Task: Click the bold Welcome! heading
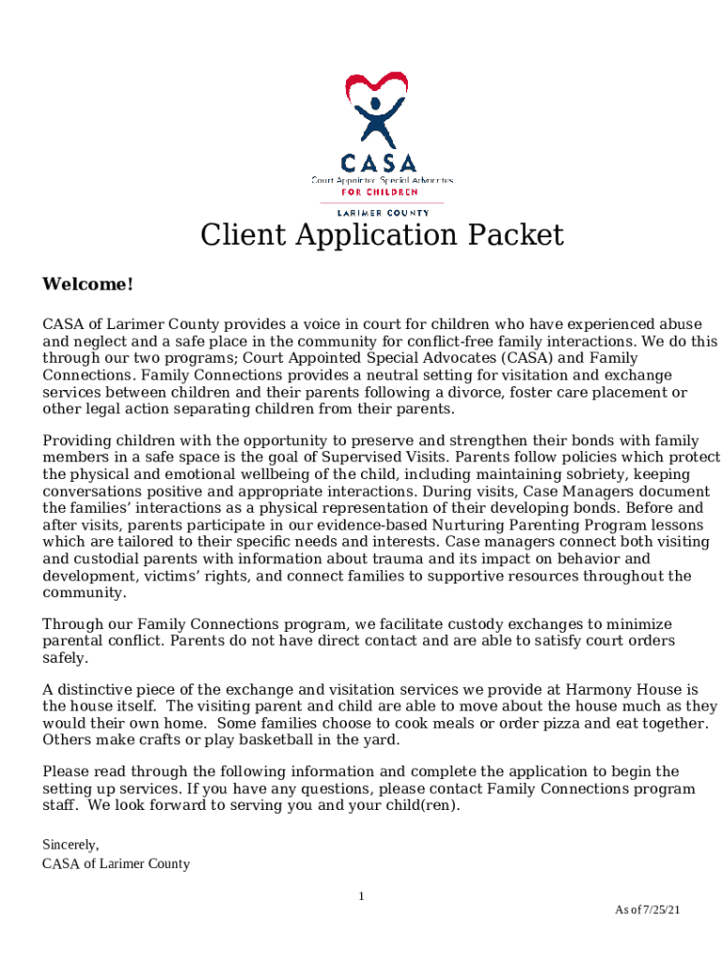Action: [88, 284]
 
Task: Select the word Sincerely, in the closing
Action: [70, 845]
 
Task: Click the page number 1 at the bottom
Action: [361, 897]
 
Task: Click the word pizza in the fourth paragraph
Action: [538, 723]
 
